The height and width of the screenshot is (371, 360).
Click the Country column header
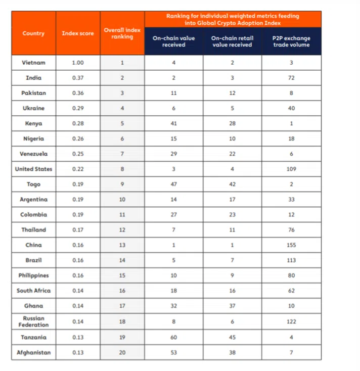(33, 33)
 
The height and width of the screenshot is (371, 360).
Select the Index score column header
(78, 33)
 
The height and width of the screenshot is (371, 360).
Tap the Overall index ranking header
(122, 33)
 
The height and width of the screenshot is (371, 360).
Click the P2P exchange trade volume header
(291, 41)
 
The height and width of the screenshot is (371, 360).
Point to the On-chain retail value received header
(233, 41)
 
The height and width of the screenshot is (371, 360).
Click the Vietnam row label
(33, 63)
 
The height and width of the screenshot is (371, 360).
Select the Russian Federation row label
(33, 321)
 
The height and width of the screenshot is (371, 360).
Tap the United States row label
(33, 169)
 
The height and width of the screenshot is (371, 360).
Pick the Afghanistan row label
(33, 352)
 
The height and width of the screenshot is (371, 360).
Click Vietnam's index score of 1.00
(78, 63)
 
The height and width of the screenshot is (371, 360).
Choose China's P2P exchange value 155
(291, 245)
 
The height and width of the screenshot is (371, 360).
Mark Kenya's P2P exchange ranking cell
(291, 123)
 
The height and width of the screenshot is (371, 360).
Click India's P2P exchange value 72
(291, 78)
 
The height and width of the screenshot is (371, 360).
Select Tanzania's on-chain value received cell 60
(174, 337)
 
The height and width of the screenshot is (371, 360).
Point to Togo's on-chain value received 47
(174, 184)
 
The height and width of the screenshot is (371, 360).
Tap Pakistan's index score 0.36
(78, 93)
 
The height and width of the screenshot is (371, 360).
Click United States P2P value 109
(291, 169)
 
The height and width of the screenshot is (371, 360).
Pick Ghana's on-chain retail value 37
(233, 306)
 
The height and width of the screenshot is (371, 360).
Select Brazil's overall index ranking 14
(122, 260)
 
